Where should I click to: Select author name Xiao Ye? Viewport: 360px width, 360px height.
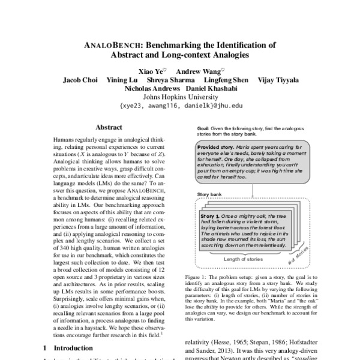click(x=151, y=70)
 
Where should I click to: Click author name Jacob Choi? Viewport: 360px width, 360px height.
click(x=83, y=80)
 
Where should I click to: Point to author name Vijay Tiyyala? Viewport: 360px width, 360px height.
click(x=277, y=80)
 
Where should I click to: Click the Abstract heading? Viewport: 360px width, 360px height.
click(x=109, y=128)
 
